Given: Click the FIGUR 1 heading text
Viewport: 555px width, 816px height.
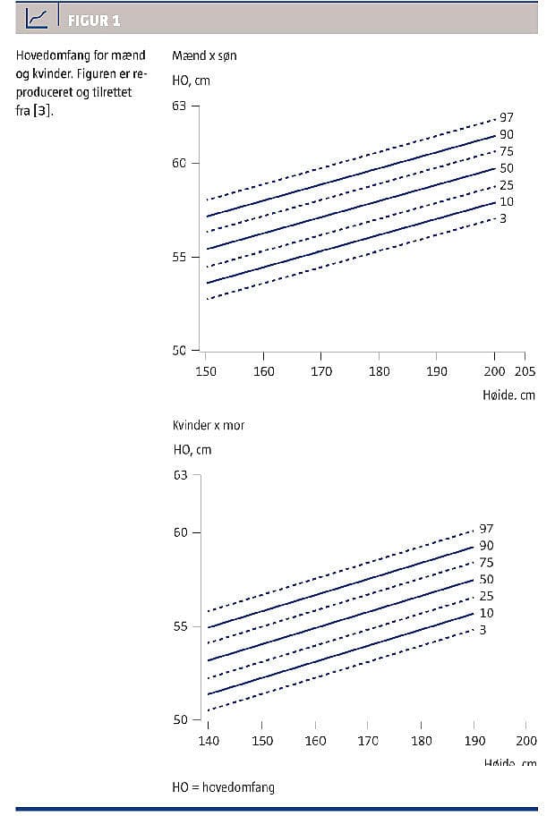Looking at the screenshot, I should [94, 20].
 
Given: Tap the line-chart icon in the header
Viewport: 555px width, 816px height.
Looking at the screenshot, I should [38, 18].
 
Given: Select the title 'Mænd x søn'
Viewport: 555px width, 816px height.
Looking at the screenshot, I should [204, 55].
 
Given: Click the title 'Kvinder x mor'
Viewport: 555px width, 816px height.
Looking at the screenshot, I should [209, 425].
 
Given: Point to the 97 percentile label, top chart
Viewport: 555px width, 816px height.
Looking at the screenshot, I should [507, 117].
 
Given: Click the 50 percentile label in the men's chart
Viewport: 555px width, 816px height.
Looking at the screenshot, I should [507, 168].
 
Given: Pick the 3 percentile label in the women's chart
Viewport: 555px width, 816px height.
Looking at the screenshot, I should [482, 630].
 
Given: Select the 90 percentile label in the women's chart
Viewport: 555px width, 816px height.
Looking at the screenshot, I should [486, 546].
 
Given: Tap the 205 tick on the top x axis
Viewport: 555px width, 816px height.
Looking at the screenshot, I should [525, 371].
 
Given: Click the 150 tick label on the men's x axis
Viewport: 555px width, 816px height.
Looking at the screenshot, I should [206, 371].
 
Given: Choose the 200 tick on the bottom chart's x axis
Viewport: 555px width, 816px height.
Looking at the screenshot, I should [526, 741].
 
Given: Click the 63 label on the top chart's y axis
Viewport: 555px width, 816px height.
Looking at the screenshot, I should [179, 106].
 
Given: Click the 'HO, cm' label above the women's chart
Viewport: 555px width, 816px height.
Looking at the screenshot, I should [192, 450].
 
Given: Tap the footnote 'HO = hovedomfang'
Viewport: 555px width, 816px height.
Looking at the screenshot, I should [223, 787].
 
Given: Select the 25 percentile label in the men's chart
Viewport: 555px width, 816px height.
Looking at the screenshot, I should [507, 185].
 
